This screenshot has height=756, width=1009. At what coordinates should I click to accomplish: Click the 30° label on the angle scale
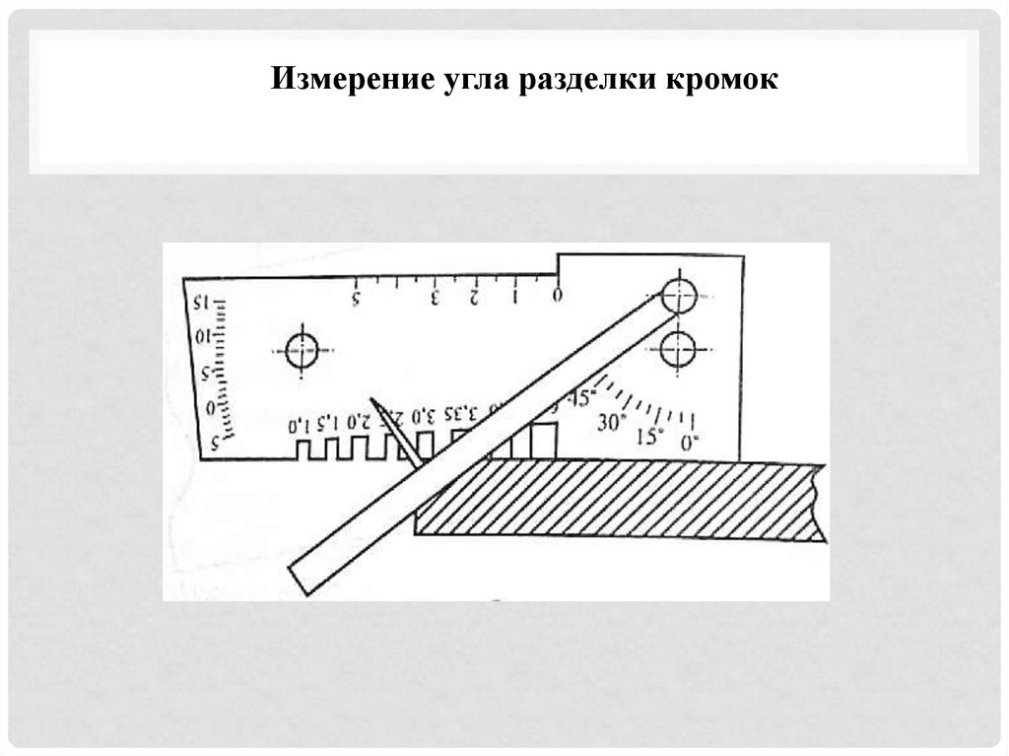click(x=611, y=422)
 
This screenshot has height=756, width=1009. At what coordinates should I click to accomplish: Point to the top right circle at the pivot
click(x=679, y=295)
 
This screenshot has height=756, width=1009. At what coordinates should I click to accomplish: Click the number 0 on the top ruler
click(x=557, y=295)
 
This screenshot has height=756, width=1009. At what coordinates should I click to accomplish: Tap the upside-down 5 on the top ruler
click(x=357, y=296)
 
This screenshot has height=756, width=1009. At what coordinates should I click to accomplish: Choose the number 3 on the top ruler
click(x=435, y=296)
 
